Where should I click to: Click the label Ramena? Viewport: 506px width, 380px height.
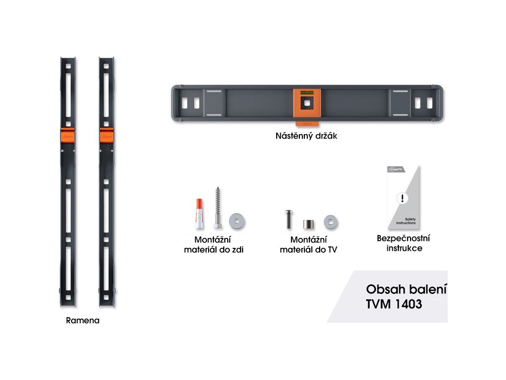[x=83, y=320]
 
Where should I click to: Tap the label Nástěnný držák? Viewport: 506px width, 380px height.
[x=306, y=135]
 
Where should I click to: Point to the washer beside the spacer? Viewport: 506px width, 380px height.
[x=331, y=221]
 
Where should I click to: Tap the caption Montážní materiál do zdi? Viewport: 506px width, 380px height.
[x=213, y=245]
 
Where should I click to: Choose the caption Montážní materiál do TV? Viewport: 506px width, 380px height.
[x=308, y=245]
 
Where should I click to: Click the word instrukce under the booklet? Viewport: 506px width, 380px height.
[x=404, y=248]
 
